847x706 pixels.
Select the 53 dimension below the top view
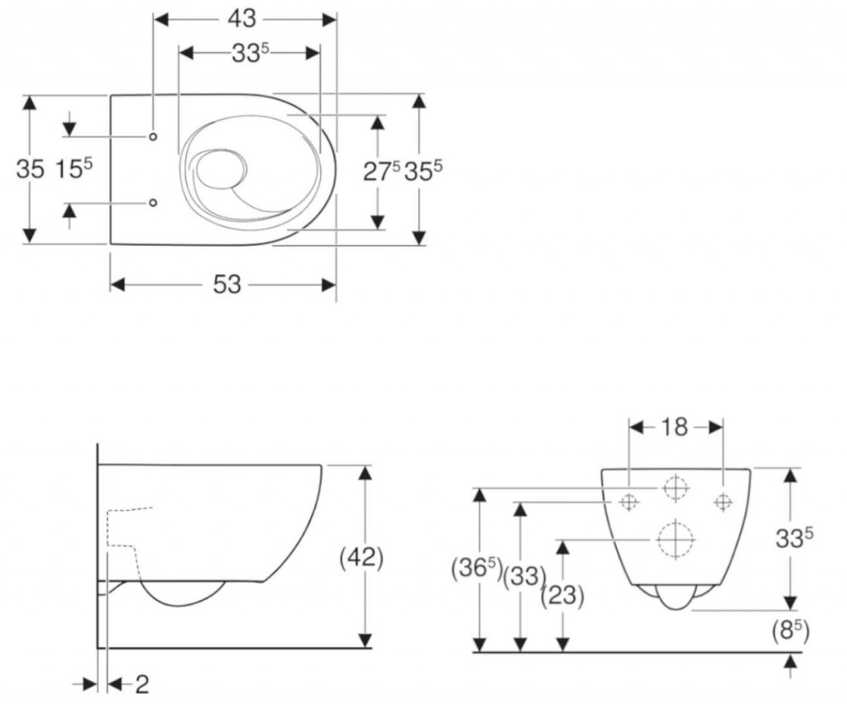tap(227, 285)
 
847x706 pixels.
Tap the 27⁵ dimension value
tap(381, 170)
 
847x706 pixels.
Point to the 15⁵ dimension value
tap(73, 169)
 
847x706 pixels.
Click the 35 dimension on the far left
tap(31, 169)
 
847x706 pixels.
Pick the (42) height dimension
tap(362, 557)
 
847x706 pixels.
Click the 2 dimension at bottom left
tap(141, 684)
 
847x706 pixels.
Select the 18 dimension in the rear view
tap(675, 427)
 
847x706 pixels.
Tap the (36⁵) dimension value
tap(476, 569)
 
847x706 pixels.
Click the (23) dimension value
tap(562, 595)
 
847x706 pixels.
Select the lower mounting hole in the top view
tap(154, 202)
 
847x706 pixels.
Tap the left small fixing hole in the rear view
tap(628, 501)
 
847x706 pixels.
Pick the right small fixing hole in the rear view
tap(723, 501)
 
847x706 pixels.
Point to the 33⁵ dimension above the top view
tap(251, 54)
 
